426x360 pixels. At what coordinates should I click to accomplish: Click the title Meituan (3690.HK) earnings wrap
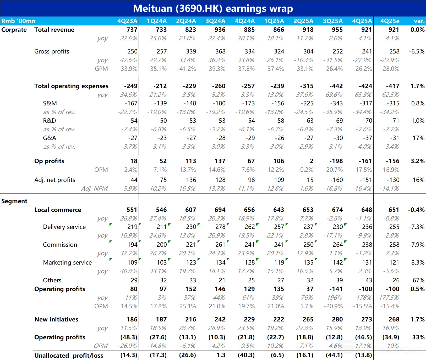pos(213,8)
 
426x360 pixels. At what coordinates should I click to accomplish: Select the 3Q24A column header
pos(215,21)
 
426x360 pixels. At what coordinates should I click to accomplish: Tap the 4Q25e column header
pos(390,21)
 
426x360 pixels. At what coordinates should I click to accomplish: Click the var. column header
pos(419,21)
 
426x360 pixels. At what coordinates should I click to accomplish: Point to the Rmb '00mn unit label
pos(18,21)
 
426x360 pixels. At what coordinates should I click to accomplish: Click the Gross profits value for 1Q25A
pos(279,51)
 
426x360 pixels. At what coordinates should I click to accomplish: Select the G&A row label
pos(50,138)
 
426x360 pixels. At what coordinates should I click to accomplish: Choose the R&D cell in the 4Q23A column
pos(133,121)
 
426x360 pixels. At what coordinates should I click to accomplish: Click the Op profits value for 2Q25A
pos(312,161)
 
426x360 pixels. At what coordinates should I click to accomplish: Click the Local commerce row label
pos(58,210)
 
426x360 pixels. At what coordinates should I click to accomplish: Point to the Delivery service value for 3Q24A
pos(220,227)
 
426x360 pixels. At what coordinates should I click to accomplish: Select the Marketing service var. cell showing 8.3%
pos(418,262)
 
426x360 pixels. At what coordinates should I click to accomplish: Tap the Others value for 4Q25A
pos(369,280)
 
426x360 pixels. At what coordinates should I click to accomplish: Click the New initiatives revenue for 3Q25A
pos(337,319)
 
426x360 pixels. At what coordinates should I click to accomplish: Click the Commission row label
pos(60,245)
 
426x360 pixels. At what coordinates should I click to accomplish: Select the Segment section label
pos(14,201)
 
